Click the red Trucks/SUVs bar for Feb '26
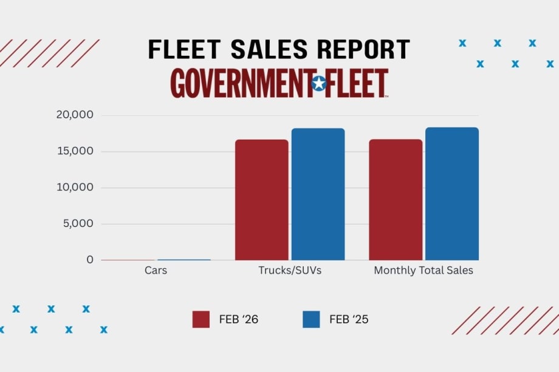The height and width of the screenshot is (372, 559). pyautogui.click(x=261, y=200)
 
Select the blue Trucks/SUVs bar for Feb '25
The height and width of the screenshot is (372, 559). pyautogui.click(x=318, y=194)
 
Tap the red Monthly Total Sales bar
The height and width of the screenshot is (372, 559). pyautogui.click(x=395, y=200)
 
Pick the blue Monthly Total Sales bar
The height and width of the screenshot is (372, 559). pyautogui.click(x=451, y=194)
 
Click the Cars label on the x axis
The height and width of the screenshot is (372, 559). pyautogui.click(x=156, y=271)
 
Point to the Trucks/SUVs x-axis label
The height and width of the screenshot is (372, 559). pyautogui.click(x=289, y=271)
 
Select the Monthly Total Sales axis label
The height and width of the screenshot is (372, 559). pyautogui.click(x=423, y=271)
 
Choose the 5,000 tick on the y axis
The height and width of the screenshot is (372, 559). pyautogui.click(x=78, y=223)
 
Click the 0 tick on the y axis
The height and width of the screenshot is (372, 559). pyautogui.click(x=90, y=260)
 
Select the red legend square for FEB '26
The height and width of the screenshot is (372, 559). pyautogui.click(x=201, y=319)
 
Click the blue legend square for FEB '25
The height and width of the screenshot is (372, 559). pyautogui.click(x=311, y=319)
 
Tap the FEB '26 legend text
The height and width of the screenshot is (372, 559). pyautogui.click(x=238, y=320)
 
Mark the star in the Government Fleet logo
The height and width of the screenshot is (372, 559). pyautogui.click(x=318, y=84)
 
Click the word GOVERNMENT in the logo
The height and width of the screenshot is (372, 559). pyautogui.click(x=239, y=84)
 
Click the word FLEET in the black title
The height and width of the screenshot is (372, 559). pyautogui.click(x=181, y=49)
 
